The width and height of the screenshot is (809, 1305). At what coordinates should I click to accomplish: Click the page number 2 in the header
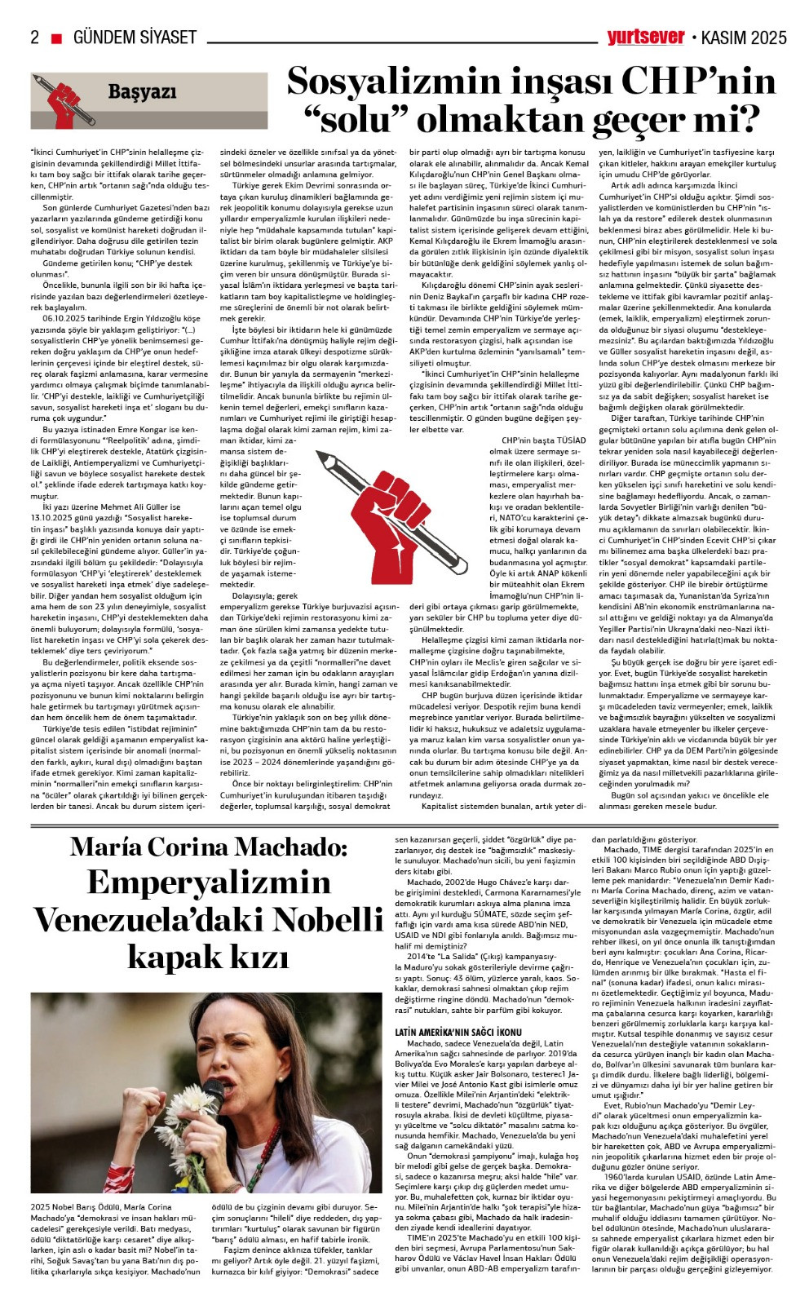pos(35,38)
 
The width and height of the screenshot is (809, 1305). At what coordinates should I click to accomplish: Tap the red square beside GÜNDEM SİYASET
pos(56,38)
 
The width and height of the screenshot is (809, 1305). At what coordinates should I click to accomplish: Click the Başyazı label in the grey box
pos(142,92)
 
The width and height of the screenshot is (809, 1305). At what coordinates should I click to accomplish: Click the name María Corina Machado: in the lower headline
pos(209,847)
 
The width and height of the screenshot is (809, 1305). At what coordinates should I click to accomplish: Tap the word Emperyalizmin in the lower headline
pos(209,883)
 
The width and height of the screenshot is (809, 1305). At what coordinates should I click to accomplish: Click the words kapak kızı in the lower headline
pos(209,955)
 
